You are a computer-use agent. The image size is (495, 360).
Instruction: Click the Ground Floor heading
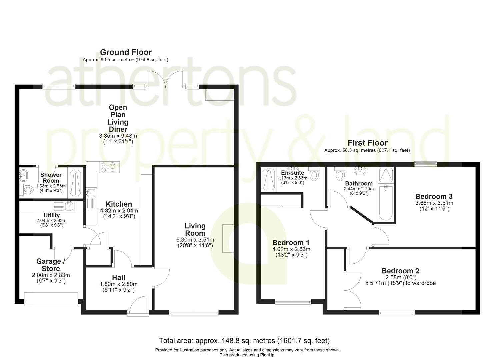(x=126, y=52)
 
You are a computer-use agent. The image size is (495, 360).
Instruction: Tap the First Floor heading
(x=368, y=143)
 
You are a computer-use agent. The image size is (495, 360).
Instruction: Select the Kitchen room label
(x=119, y=204)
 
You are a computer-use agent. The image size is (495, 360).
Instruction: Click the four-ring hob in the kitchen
(x=108, y=167)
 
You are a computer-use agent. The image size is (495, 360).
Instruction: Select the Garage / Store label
(x=51, y=265)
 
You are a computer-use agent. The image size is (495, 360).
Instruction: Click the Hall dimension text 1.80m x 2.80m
(x=119, y=284)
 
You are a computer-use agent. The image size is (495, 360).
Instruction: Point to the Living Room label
(x=195, y=229)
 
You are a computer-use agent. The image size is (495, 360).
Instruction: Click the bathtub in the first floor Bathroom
(x=386, y=203)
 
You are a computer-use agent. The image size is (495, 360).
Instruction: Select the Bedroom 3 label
(x=434, y=196)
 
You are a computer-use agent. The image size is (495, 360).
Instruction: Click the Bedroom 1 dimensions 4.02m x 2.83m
(x=291, y=249)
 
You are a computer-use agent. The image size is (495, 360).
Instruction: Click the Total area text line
(x=244, y=341)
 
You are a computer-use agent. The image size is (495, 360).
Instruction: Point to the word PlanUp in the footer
(x=268, y=355)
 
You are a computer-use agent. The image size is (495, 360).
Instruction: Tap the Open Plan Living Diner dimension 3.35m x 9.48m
(x=118, y=136)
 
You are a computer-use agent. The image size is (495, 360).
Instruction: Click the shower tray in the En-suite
(x=269, y=179)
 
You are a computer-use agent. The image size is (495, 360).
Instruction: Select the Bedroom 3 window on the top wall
(x=425, y=164)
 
